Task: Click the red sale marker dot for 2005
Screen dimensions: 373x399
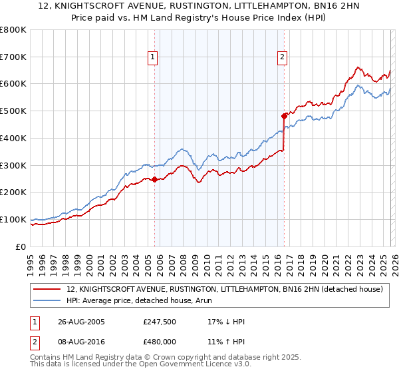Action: (155, 179)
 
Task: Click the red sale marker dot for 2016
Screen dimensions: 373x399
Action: (284, 116)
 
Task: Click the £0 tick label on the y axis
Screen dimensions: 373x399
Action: (21, 247)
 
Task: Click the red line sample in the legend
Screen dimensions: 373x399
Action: (47, 290)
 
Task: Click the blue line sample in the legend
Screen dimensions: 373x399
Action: (47, 300)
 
